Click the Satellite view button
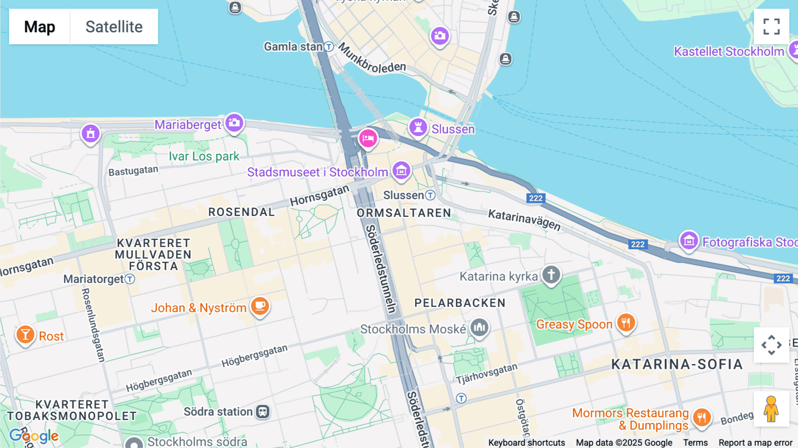114,27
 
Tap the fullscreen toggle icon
771,27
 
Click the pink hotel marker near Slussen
368,138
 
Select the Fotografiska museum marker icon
689,240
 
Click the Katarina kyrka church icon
551,275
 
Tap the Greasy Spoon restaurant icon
626,322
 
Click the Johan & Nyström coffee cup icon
260,306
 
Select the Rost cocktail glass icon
25,334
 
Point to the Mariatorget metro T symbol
129,279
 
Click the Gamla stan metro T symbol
329,47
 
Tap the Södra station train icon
263,412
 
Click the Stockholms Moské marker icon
479,328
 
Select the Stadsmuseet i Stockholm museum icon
401,170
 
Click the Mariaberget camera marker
234,123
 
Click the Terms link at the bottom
695,443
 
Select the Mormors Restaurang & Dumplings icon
702,417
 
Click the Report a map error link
755,443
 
